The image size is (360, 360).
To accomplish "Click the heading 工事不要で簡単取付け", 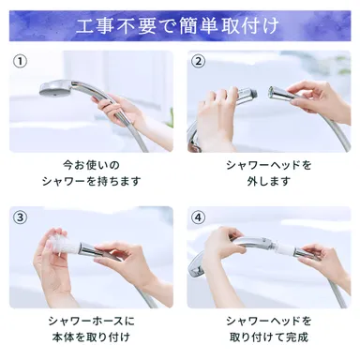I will [179, 24].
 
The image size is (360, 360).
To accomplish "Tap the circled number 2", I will [198, 62].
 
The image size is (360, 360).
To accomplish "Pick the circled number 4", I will [198, 218].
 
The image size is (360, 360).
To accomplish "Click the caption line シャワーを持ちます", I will [91, 182].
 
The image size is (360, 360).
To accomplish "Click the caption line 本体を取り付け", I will [91, 338].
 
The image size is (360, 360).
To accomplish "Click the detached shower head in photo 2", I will [284, 95].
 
